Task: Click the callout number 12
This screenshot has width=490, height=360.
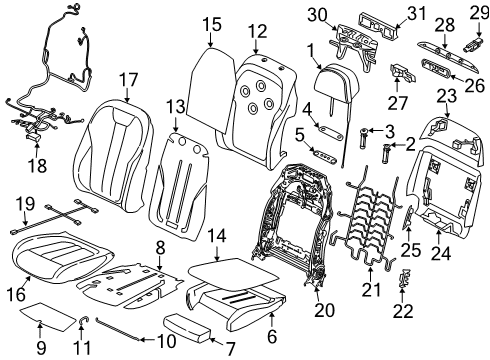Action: point(258,32)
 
